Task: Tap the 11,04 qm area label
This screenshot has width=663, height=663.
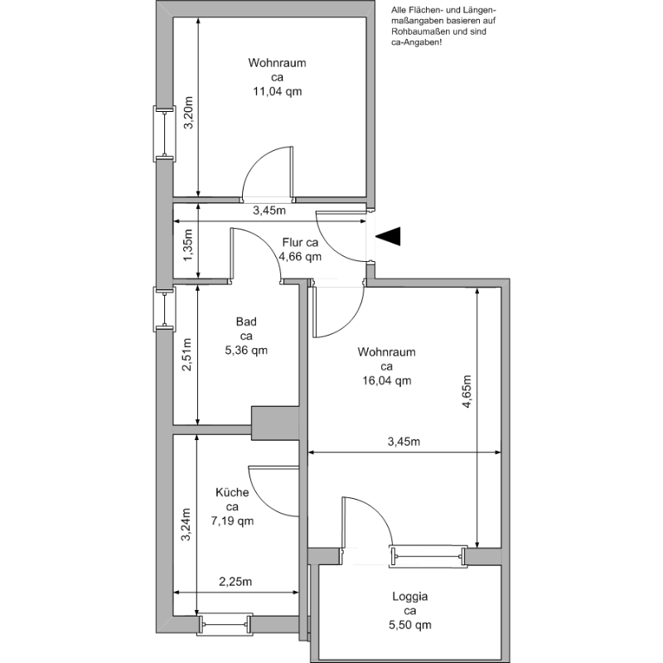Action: (278, 91)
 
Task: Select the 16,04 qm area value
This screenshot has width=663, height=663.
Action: (386, 380)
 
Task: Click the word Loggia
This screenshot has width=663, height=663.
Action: (409, 597)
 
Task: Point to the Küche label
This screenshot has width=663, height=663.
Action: (232, 492)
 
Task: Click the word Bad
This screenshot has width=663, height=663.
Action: (246, 322)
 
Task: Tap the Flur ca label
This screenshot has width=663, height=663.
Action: (300, 243)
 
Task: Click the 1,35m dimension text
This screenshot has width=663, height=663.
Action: (188, 245)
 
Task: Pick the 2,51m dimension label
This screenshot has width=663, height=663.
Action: (187, 355)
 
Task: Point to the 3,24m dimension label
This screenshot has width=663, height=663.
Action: (186, 525)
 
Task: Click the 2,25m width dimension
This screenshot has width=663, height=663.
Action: (235, 582)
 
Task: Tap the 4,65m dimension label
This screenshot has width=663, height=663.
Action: (467, 391)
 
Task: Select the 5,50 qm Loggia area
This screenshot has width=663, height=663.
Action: (410, 625)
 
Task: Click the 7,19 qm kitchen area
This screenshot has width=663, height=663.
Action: (232, 520)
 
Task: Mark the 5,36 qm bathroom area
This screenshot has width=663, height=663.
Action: (246, 350)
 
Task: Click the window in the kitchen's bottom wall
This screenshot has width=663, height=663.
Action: (225, 624)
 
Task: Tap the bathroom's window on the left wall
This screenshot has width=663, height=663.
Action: (164, 308)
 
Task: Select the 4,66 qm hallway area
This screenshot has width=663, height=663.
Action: (300, 257)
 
